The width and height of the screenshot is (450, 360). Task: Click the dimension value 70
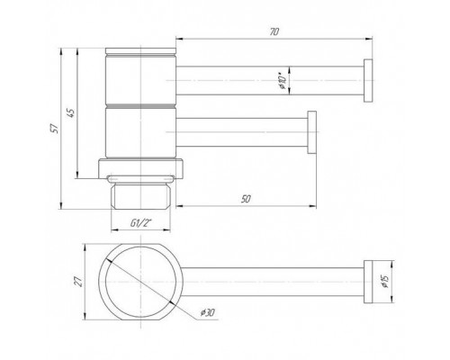tap(274, 31)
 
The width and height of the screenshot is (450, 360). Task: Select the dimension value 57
tap(55, 129)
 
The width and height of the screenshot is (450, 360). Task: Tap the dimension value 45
tap(71, 112)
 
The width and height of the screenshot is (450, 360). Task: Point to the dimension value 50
tap(246, 199)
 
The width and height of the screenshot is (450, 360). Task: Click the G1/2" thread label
tap(141, 223)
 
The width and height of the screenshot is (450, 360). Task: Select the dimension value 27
tap(78, 282)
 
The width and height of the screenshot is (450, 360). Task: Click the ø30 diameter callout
tap(208, 312)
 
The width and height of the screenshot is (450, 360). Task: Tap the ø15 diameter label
tap(384, 282)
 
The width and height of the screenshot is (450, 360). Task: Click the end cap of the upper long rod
tap(368, 80)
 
